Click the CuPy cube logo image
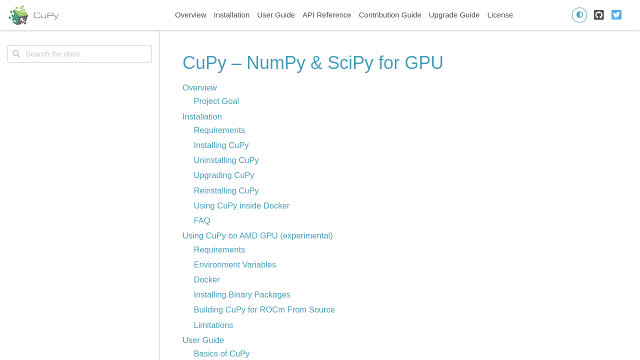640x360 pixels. pyautogui.click(x=18, y=15)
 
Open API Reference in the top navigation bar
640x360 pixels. pyautogui.click(x=326, y=15)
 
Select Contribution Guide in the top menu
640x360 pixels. pyautogui.click(x=389, y=15)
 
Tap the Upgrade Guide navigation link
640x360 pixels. pyautogui.click(x=454, y=15)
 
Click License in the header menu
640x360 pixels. pyautogui.click(x=499, y=15)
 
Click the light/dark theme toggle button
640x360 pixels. pyautogui.click(x=579, y=15)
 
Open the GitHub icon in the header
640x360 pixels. pyautogui.click(x=598, y=15)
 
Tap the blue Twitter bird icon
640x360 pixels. pyautogui.click(x=616, y=15)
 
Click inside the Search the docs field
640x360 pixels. pyautogui.click(x=79, y=54)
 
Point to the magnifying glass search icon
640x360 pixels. pyautogui.click(x=16, y=53)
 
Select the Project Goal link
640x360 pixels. pyautogui.click(x=216, y=101)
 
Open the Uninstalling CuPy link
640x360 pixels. pyautogui.click(x=226, y=160)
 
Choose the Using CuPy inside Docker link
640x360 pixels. pyautogui.click(x=241, y=205)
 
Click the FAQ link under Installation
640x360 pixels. pyautogui.click(x=201, y=220)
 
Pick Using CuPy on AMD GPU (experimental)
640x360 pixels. pyautogui.click(x=257, y=235)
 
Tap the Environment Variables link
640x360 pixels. pyautogui.click(x=234, y=264)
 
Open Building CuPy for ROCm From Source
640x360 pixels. pyautogui.click(x=264, y=309)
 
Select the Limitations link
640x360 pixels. pyautogui.click(x=213, y=325)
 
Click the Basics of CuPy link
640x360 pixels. pyautogui.click(x=221, y=353)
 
